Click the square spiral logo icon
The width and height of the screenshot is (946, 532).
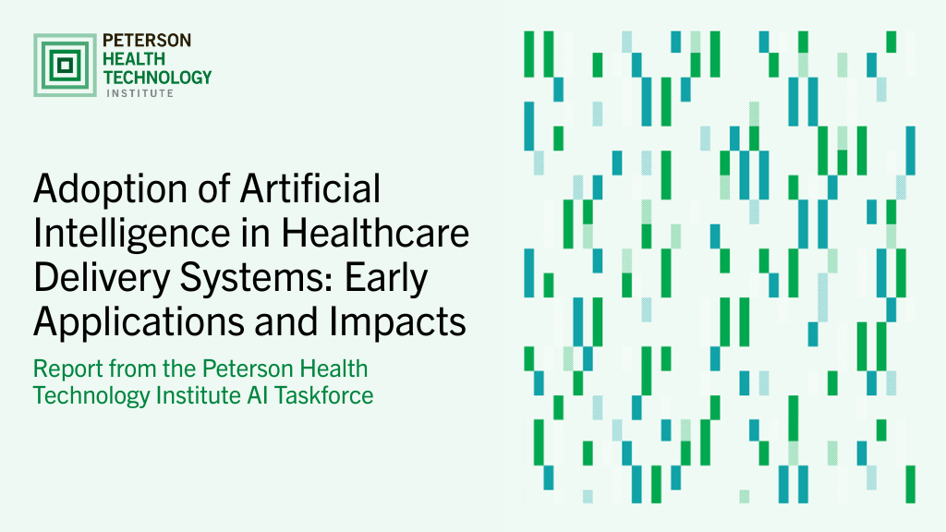65,66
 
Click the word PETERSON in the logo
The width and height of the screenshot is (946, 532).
147,41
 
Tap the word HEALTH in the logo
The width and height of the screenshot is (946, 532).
133,59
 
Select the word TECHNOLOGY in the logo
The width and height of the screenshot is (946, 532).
157,78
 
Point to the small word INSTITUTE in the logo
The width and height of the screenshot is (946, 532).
140,93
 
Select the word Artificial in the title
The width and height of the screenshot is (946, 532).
310,188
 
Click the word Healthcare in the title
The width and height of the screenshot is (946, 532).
375,233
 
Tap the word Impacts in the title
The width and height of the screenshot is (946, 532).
397,321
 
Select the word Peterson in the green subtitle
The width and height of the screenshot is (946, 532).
247,369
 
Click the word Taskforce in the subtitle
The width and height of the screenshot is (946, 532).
324,395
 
